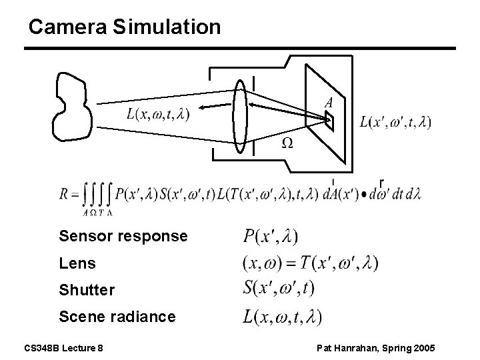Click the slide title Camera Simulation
pos(125,27)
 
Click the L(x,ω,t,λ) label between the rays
pos(157,114)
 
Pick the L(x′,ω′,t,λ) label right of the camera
pos(395,122)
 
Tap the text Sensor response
pos(123,236)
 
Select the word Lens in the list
pos(77,263)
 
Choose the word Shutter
pos(87,291)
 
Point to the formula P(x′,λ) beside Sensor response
pos(270,237)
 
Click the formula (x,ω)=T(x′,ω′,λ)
pos(310,263)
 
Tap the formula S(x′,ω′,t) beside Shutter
pos(279,289)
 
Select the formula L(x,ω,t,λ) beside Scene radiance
pos(282,317)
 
